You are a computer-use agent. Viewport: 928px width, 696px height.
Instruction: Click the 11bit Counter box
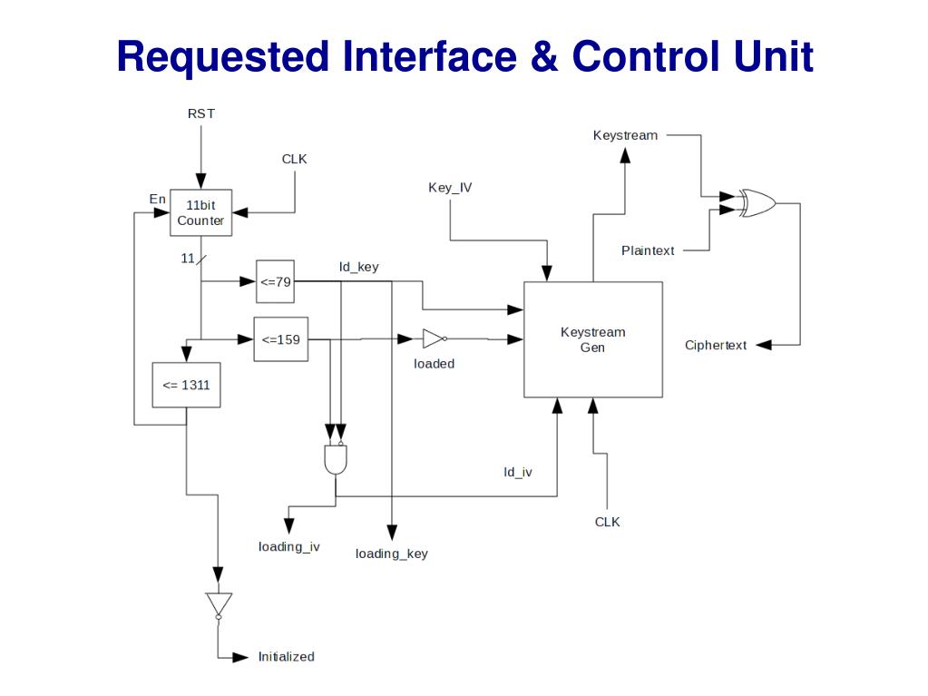200,212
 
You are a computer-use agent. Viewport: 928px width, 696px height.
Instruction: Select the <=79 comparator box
276,281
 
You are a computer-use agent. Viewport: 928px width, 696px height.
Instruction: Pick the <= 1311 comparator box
186,385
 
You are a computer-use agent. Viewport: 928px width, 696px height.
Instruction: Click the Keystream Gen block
592,339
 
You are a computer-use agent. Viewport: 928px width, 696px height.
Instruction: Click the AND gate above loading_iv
336,459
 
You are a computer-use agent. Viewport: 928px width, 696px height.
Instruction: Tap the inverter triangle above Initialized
219,604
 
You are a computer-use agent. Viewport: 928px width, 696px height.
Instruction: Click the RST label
201,113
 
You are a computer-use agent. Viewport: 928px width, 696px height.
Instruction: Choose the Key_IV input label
450,188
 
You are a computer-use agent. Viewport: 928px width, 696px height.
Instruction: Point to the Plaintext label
648,250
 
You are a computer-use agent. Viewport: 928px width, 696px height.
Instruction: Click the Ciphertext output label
716,345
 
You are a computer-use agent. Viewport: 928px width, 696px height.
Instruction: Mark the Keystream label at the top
625,135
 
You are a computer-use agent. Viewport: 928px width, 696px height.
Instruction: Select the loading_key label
391,554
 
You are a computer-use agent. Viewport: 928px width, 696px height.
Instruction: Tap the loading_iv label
288,546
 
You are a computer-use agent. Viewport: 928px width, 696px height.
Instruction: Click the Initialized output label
286,656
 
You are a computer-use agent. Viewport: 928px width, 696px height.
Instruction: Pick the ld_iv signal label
518,472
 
